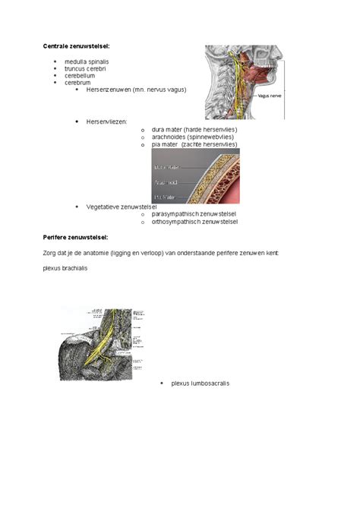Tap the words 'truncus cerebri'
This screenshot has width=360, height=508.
tap(86, 68)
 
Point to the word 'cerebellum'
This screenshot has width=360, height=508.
tap(80, 75)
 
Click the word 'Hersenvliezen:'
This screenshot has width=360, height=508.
tap(107, 121)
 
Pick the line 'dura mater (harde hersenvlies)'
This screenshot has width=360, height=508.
tap(193, 130)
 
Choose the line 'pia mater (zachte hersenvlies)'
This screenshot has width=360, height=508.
tap(194, 144)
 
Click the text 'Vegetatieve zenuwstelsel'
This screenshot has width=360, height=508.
tap(122, 207)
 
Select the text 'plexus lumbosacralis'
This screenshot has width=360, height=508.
tap(201, 383)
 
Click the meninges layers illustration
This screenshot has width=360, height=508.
tap(196, 175)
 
